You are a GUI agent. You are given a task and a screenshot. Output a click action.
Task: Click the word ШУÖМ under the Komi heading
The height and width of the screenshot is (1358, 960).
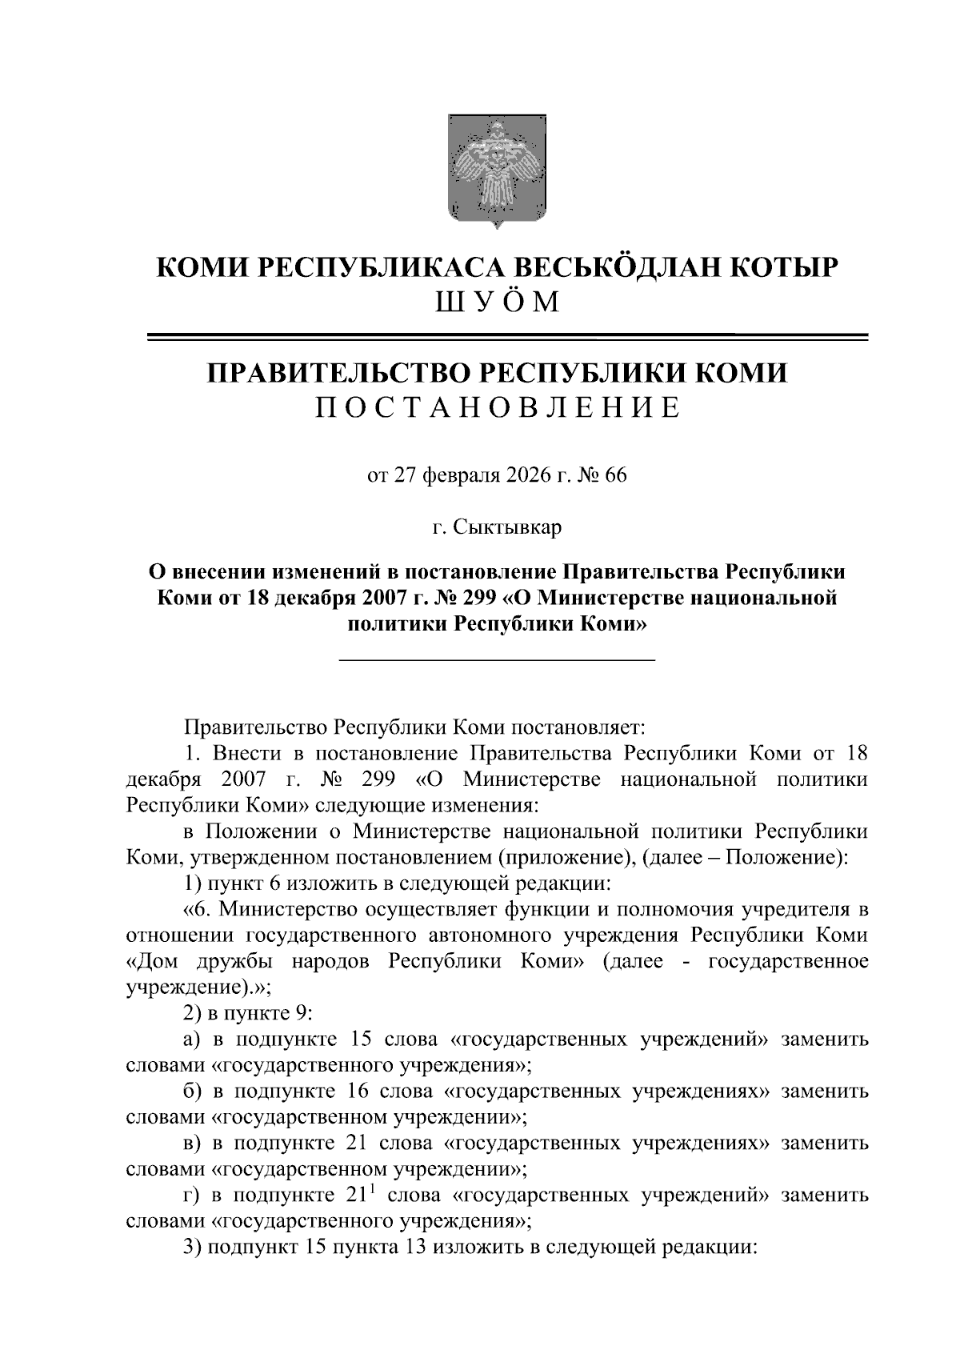tap(495, 302)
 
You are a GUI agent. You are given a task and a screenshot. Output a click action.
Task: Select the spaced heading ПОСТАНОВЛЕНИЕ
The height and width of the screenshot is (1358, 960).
tap(497, 407)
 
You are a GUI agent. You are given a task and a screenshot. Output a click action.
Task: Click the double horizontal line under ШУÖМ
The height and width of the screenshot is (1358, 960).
tap(507, 337)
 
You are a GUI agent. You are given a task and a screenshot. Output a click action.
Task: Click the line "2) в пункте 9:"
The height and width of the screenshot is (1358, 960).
tap(248, 1013)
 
